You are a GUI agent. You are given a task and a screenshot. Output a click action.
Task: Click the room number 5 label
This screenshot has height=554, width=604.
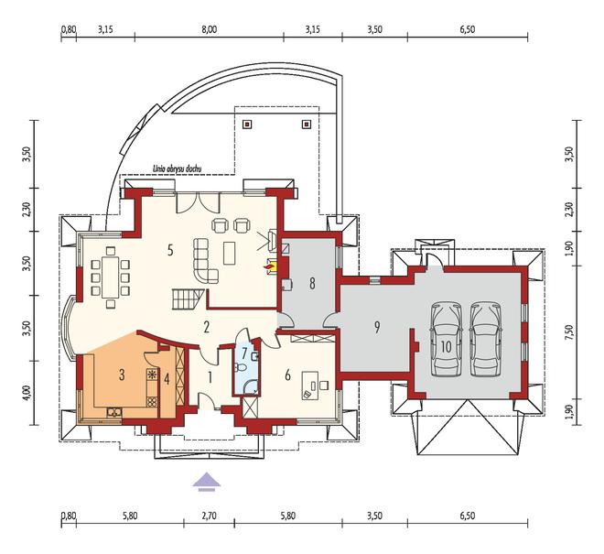coord(170,250)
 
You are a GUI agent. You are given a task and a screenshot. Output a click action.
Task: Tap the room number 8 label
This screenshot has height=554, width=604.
coord(312,283)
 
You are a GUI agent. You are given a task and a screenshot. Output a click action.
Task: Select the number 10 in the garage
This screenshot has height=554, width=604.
coord(446,346)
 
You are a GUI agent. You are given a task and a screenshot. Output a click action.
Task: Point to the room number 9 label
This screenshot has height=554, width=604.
coord(377,327)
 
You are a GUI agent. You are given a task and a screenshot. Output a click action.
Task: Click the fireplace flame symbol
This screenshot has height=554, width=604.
coord(266,266)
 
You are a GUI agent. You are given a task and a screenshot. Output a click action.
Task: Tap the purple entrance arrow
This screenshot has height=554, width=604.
coord(207,482)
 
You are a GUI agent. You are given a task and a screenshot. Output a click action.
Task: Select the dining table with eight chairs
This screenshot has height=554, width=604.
coord(111,277)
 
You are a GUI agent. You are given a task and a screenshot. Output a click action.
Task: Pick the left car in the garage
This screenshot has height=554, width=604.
coord(447,340)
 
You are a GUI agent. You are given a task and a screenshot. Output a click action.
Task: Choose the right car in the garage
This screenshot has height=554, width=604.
coord(486,340)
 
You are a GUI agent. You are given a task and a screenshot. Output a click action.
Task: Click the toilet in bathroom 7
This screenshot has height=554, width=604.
coord(241,366)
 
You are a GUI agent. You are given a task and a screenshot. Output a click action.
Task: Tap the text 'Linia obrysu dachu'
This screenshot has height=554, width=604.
coord(178,168)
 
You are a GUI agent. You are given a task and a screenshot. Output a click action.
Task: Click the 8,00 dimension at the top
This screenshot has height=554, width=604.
coord(209,29)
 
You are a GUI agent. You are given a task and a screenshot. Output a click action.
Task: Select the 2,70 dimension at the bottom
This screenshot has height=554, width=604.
coord(209,516)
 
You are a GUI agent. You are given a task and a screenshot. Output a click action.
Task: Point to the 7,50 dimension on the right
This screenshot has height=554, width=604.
coord(570,331)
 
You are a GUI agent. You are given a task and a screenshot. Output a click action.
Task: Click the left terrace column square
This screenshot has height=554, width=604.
coord(246,125)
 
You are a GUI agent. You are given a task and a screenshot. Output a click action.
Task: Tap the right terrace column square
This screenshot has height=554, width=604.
coord(307,125)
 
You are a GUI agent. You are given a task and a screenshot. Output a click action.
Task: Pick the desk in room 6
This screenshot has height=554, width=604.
coord(310,386)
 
